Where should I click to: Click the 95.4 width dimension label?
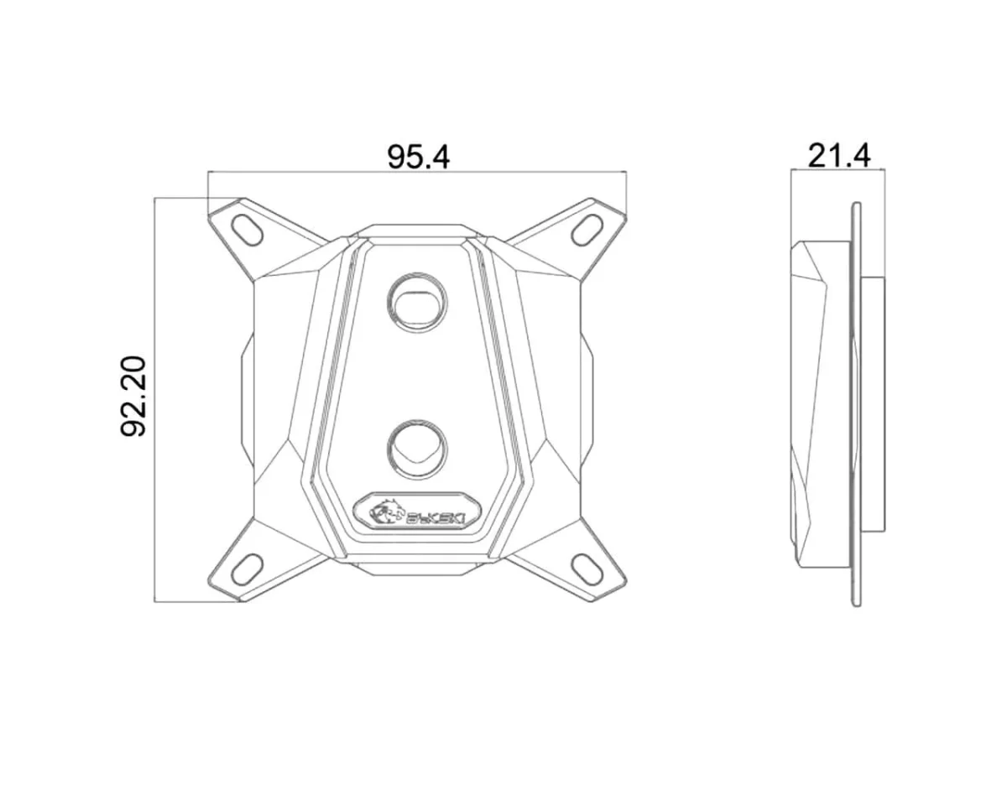[418, 156]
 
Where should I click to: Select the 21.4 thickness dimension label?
[838, 155]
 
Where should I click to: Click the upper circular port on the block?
[417, 300]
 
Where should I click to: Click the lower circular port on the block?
[417, 445]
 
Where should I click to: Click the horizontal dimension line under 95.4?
[418, 173]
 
